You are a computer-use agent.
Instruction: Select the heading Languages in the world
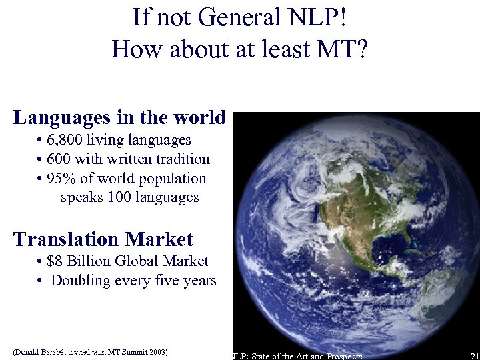pyautogui.click(x=120, y=118)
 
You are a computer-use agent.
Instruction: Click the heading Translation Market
pyautogui.click(x=103, y=239)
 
